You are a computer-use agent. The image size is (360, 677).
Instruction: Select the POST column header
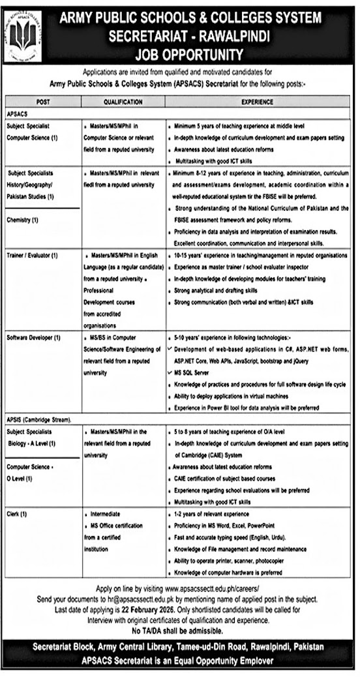pyautogui.click(x=44, y=102)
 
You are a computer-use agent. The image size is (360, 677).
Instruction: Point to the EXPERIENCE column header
pyautogui.click(x=257, y=102)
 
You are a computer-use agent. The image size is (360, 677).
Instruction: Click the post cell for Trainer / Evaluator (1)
pyautogui.click(x=33, y=254)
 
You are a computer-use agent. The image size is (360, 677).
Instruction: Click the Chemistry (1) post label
pyautogui.click(x=25, y=220)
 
